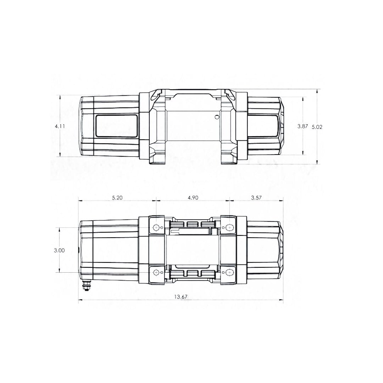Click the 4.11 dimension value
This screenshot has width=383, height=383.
60,126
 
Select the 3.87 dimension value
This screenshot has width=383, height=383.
302,126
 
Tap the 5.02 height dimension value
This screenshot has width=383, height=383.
317,127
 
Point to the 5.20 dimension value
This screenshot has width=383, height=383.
117,198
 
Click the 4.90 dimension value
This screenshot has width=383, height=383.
193,198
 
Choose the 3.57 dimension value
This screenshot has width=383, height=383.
256,198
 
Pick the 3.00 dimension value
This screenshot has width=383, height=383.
59,250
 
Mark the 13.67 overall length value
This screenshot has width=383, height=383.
181,297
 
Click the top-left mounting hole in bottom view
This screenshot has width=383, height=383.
156,228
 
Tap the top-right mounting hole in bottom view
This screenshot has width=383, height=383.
229,228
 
